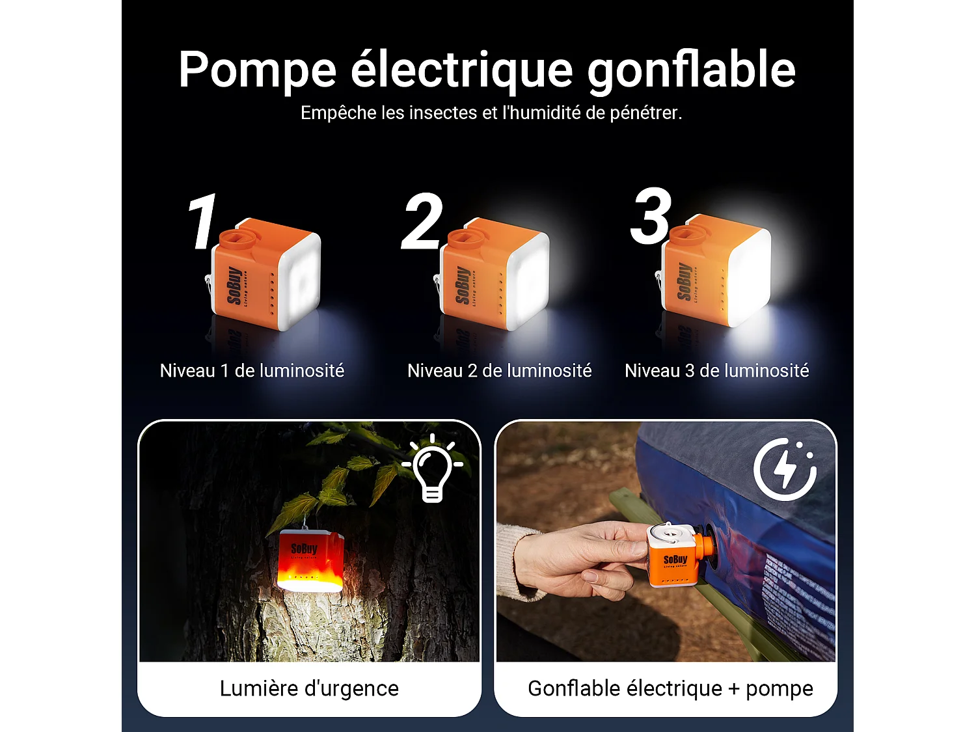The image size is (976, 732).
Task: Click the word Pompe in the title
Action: pyautogui.click(x=257, y=70)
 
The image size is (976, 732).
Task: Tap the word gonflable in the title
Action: pyautogui.click(x=691, y=70)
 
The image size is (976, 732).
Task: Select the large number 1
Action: pyautogui.click(x=203, y=222)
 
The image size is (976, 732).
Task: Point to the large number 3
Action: pyautogui.click(x=650, y=217)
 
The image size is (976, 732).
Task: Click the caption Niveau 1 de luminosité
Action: pyautogui.click(x=252, y=371)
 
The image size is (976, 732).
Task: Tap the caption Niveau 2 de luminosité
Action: pyautogui.click(x=499, y=371)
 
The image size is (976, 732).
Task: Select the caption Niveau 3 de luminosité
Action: pyautogui.click(x=716, y=371)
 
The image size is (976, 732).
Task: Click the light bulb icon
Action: pyautogui.click(x=433, y=468)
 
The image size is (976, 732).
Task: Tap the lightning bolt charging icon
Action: pyautogui.click(x=785, y=469)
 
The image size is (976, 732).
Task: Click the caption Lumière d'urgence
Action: pyautogui.click(x=309, y=688)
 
